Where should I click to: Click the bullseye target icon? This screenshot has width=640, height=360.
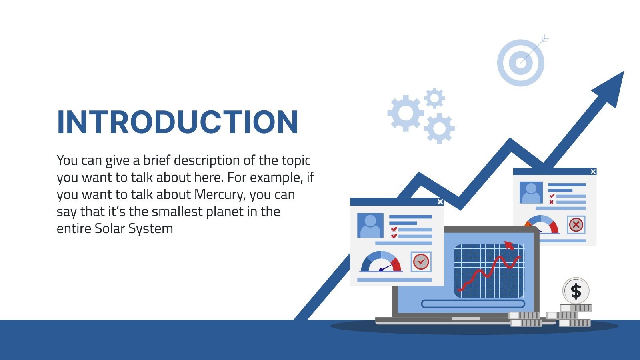(x=521, y=62)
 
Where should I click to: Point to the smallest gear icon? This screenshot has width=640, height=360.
(x=434, y=98)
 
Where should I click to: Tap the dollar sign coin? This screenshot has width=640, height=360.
(x=576, y=291)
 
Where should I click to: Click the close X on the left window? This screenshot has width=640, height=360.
(x=440, y=202)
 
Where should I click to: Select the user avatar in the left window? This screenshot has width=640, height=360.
(x=370, y=226)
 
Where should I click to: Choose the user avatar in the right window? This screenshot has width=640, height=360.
(x=531, y=192)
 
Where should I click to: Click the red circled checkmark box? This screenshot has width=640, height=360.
(x=421, y=262)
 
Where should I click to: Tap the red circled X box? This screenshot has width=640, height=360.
(x=576, y=224)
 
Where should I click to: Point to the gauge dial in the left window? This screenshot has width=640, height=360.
(x=381, y=262)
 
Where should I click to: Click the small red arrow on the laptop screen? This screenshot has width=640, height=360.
(x=509, y=245)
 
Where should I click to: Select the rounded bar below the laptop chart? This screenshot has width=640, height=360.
(x=473, y=304)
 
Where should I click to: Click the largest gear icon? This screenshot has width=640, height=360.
(x=406, y=113)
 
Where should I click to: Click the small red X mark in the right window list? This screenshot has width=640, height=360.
(x=552, y=202)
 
